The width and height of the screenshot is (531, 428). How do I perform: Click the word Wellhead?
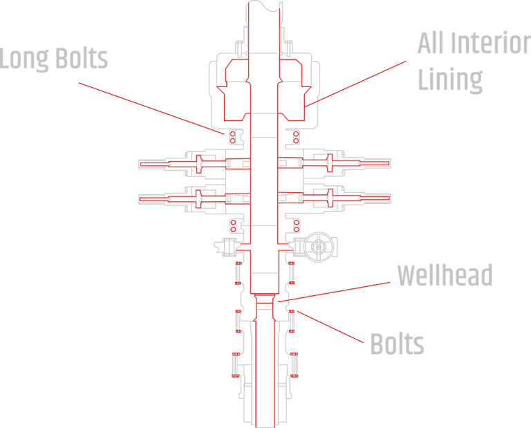point(444,276)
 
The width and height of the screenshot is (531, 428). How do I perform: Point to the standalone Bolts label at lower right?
point(396,344)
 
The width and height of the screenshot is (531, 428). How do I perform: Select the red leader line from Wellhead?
point(339,290)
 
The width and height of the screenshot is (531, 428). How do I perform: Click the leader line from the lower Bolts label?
point(328,328)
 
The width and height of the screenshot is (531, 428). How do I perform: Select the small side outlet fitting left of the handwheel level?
point(223,245)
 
